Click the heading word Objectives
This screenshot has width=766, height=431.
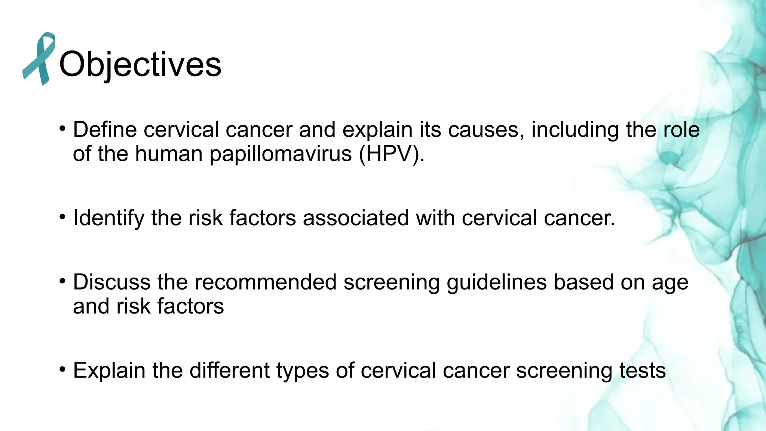point(140,64)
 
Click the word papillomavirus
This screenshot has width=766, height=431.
point(281,154)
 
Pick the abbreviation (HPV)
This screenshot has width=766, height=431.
point(391,154)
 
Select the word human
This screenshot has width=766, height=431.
point(169,154)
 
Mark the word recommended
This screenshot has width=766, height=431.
point(266,282)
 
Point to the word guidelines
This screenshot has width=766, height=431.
point(497,282)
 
